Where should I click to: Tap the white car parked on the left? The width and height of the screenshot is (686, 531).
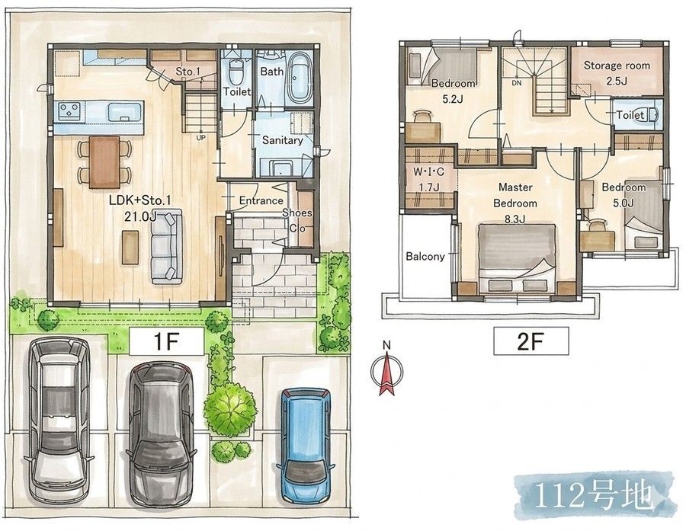pos(59,421)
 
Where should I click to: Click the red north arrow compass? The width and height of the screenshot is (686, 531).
pos(386,371)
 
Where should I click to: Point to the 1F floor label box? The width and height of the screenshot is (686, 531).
pos(167,341)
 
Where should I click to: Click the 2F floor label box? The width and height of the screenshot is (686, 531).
pos(531,341)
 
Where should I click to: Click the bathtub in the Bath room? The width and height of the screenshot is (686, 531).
pos(300,77)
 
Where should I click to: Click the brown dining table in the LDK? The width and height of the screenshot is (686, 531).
pos(104,162)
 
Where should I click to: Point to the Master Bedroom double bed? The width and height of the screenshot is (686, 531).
pos(516,258)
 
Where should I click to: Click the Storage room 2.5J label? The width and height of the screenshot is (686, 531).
pos(617,73)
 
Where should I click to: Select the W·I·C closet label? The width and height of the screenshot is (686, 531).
pos(428,172)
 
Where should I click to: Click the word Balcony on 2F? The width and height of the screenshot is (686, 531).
pos(425,256)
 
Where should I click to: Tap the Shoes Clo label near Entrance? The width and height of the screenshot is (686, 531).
pos(297,220)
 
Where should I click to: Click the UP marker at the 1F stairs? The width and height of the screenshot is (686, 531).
pos(200,137)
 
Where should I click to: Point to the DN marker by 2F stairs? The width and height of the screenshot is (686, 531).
pos(517,82)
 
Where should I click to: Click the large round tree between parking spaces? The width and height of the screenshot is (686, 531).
pos(229,408)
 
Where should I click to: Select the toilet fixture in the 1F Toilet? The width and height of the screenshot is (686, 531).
pos(236,72)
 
